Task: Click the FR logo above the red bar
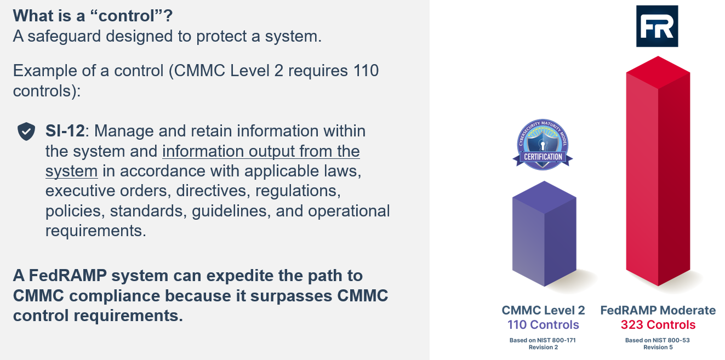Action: tap(657, 26)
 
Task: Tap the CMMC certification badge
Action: tap(543, 144)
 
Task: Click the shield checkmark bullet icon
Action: tap(26, 132)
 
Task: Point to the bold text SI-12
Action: tap(65, 132)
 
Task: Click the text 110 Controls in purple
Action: tap(543, 324)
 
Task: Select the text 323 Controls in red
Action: tap(658, 324)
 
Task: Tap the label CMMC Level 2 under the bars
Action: tap(543, 310)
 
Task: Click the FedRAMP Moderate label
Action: tap(658, 310)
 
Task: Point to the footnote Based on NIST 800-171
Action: tap(543, 340)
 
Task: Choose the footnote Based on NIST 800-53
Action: tap(657, 340)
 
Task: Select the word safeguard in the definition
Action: tap(67, 37)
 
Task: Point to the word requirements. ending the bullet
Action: tap(95, 231)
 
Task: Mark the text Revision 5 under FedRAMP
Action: tap(657, 347)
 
